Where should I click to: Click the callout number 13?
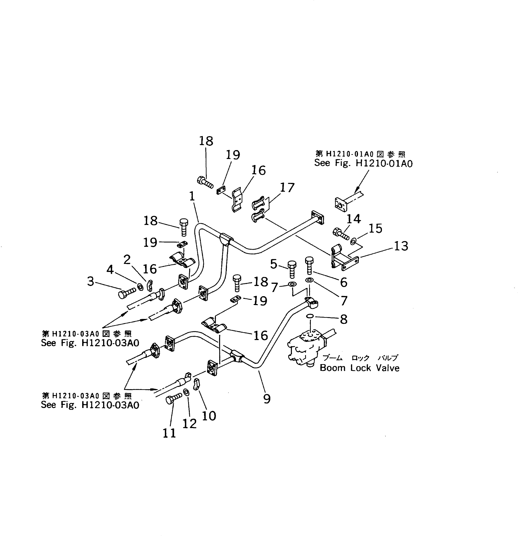pyautogui.click(x=401, y=246)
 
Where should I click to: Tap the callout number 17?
pyautogui.click(x=287, y=188)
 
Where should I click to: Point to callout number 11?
pyautogui.click(x=169, y=433)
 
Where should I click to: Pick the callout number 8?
pyautogui.click(x=344, y=319)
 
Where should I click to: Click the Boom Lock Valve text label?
pyautogui.click(x=359, y=368)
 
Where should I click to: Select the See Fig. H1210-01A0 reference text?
pyautogui.click(x=363, y=163)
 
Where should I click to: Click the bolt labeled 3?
pyautogui.click(x=127, y=294)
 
